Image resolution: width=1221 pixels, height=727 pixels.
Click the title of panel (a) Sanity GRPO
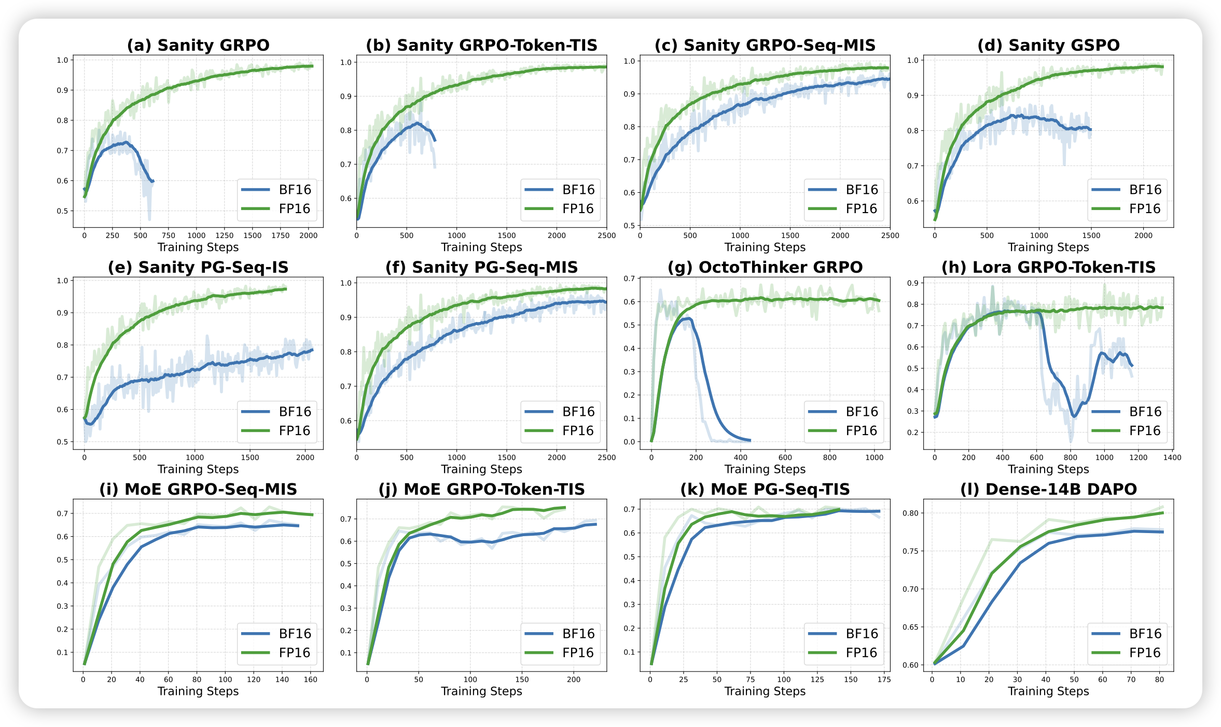(198, 45)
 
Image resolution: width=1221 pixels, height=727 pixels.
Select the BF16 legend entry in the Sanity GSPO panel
(1129, 190)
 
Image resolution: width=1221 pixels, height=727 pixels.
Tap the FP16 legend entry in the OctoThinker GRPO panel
(845, 431)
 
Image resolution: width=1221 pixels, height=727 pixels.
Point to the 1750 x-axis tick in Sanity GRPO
(281, 235)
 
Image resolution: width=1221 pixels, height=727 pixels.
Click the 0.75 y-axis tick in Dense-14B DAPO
(911, 551)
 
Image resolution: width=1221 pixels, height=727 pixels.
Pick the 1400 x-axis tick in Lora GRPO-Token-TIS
(1172, 457)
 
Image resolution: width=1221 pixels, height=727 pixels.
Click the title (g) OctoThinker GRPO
(765, 267)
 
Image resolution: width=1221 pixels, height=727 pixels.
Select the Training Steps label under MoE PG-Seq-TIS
(765, 691)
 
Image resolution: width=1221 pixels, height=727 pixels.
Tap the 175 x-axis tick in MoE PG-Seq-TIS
(884, 679)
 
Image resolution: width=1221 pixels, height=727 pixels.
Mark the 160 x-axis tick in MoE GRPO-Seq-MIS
(310, 679)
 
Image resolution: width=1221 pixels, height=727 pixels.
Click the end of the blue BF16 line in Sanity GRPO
(152, 181)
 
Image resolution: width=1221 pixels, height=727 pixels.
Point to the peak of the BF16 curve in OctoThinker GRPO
(688, 318)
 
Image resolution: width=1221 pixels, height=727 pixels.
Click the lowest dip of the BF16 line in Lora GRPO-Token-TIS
(1074, 416)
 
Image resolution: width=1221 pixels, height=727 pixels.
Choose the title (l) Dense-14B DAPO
(1048, 489)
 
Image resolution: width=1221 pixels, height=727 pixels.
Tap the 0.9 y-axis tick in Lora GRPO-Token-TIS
(913, 283)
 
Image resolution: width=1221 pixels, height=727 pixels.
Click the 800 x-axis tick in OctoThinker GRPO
(830, 457)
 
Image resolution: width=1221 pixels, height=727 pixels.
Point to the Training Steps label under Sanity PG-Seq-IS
(198, 469)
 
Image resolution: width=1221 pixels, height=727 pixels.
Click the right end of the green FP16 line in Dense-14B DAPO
(1163, 513)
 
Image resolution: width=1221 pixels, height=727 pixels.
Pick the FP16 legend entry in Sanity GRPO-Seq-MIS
(845, 209)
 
